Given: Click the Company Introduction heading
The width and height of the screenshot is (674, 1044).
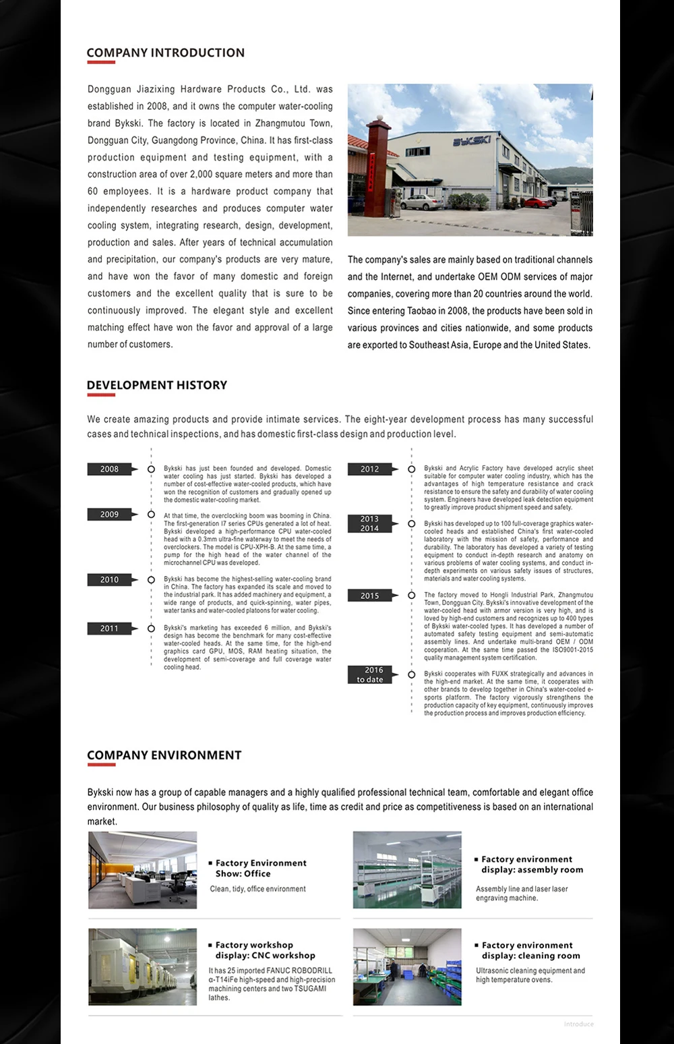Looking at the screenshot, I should [x=165, y=53].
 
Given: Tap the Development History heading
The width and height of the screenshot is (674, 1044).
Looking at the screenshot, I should [x=156, y=385].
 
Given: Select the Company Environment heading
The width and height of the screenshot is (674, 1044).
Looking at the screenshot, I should [x=164, y=755].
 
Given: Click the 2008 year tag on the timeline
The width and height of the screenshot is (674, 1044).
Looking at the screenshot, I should [x=109, y=469].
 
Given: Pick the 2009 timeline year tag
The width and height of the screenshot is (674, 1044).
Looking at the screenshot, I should [x=109, y=515].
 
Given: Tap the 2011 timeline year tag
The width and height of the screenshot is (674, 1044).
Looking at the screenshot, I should [x=109, y=629].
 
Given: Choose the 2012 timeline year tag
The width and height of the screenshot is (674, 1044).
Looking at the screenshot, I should [x=369, y=469].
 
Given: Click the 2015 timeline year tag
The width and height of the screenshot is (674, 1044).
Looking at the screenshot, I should [x=369, y=596].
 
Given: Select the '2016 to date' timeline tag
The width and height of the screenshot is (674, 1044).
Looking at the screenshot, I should [x=369, y=674].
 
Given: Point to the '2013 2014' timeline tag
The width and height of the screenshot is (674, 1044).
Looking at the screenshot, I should [x=369, y=523].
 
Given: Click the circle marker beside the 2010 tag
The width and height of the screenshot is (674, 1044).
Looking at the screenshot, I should [x=151, y=580].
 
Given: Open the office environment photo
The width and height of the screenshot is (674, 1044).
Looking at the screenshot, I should [x=143, y=870].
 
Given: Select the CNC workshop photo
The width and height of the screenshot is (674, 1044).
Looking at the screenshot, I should [x=143, y=967].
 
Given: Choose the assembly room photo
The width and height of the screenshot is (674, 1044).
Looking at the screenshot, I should [x=407, y=870].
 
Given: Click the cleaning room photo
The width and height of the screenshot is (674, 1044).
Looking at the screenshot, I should [x=407, y=967].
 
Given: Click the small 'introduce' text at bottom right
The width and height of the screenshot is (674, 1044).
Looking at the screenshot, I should [x=578, y=1024].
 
